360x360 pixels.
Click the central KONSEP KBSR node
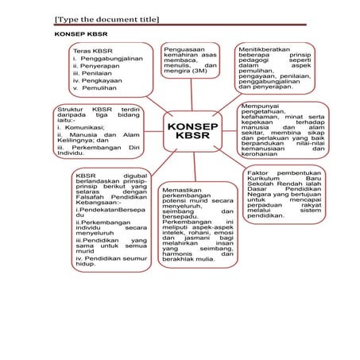192,134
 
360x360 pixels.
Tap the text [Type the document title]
106,18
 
